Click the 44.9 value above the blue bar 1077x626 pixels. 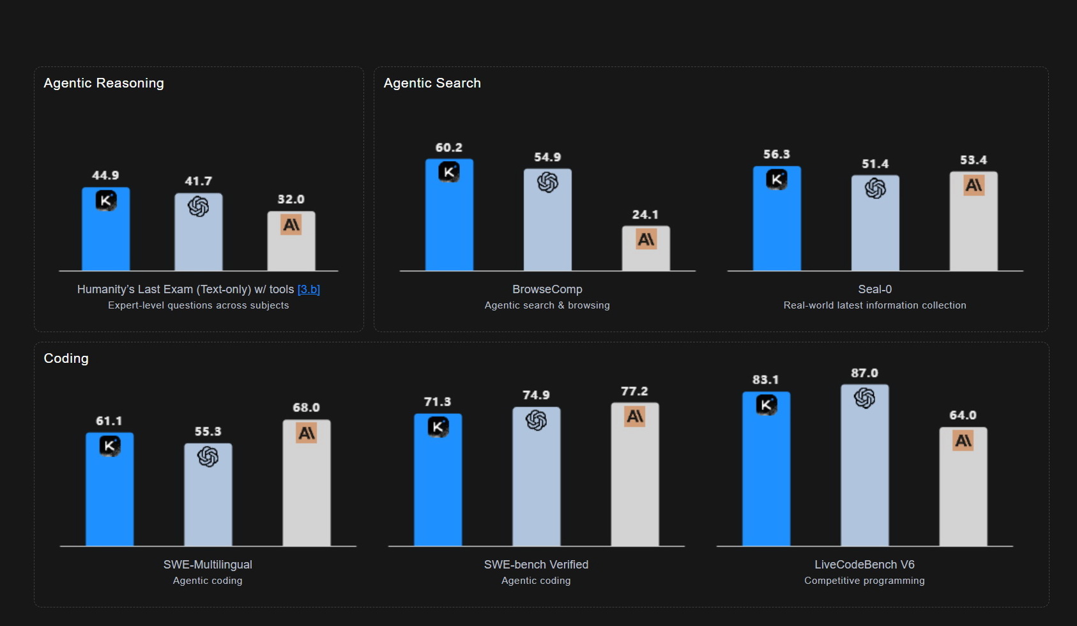(x=105, y=176)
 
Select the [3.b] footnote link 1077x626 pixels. (x=309, y=289)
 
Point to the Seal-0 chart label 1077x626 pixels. (x=875, y=289)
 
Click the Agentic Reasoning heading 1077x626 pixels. (x=103, y=83)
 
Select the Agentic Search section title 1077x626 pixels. (x=432, y=83)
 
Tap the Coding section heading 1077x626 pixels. (x=66, y=358)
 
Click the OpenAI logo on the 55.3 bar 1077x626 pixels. (x=208, y=457)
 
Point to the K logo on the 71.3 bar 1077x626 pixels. (x=438, y=427)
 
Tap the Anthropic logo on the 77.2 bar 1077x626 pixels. (x=634, y=416)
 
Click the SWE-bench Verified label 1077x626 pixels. (x=536, y=565)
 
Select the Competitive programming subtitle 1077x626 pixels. (x=864, y=581)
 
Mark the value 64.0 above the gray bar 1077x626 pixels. (x=963, y=415)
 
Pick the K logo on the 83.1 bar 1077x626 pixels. (x=766, y=405)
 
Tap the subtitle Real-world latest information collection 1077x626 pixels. (x=875, y=305)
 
